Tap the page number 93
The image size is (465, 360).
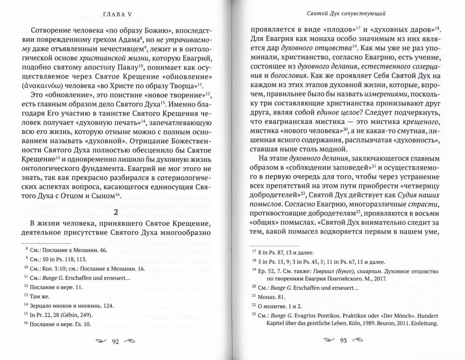[344, 342]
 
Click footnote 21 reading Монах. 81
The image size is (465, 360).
[269, 295]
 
